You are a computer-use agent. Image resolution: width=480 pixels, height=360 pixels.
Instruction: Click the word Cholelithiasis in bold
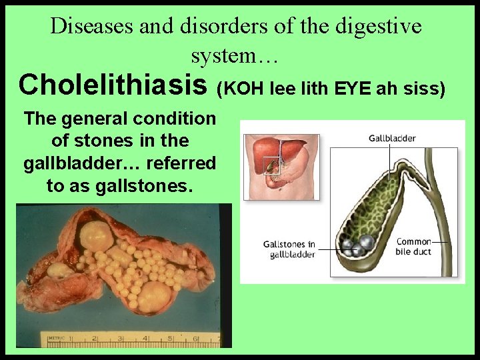pyautogui.click(x=114, y=85)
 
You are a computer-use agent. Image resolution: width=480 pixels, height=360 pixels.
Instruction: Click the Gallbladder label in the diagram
pyautogui.click(x=392, y=138)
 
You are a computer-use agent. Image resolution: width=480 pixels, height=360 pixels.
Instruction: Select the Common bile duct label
pyautogui.click(x=413, y=246)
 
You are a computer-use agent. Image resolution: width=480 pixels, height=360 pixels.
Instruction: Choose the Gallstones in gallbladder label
pyautogui.click(x=289, y=249)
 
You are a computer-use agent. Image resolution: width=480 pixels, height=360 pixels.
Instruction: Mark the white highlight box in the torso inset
pyautogui.click(x=272, y=164)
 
